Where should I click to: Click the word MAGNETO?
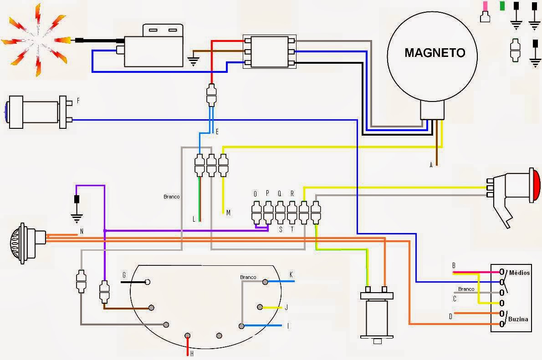(x=435, y=53)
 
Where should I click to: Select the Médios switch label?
(x=519, y=273)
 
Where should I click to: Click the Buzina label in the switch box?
(x=518, y=319)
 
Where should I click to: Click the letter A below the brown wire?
(x=431, y=165)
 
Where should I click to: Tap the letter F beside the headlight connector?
(x=78, y=100)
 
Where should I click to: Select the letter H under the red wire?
(x=191, y=354)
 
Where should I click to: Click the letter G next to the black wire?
(x=124, y=275)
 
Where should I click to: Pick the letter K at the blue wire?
(x=291, y=274)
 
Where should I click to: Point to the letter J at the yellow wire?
(x=286, y=308)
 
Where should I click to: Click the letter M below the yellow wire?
(x=229, y=213)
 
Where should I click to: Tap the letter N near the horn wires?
(x=82, y=231)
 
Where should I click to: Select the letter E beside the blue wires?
(x=217, y=132)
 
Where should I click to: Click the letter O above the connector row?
(x=255, y=193)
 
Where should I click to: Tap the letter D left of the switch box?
(x=450, y=316)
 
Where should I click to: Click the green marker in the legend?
(x=502, y=6)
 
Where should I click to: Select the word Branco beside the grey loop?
(x=172, y=197)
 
